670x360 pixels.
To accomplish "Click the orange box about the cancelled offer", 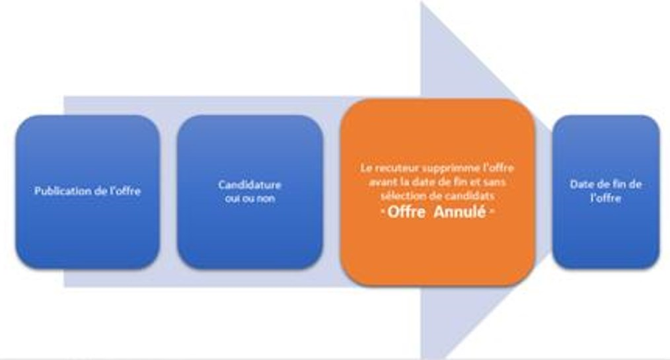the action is (437, 251).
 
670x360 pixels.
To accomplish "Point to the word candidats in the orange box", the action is (476, 196).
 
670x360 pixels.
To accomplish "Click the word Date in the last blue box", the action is (583, 184).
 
